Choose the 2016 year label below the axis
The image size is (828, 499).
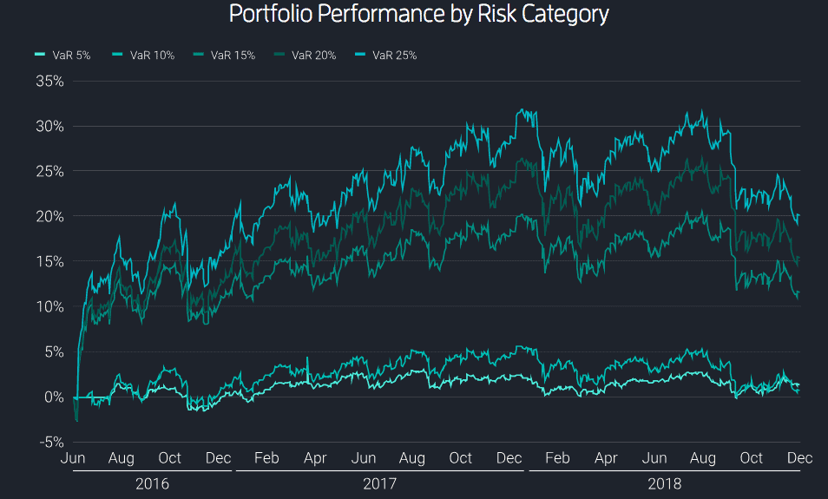click(x=153, y=484)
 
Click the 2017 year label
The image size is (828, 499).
click(x=379, y=484)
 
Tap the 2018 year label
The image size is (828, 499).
click(x=664, y=484)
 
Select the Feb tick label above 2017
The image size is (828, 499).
click(x=267, y=458)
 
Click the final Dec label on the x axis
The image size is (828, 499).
click(x=799, y=458)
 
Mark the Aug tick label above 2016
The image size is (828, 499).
click(x=122, y=458)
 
